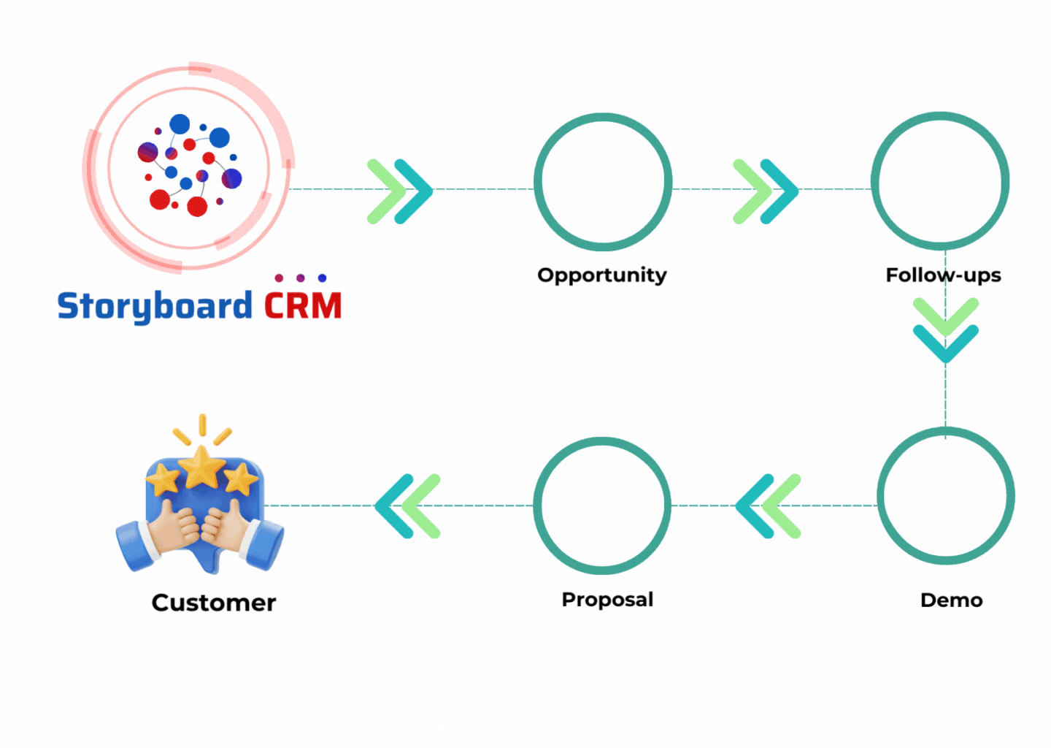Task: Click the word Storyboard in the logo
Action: (154, 306)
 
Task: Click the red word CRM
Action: (303, 306)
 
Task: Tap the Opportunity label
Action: (602, 275)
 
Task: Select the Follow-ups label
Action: (943, 275)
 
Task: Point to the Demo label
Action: (951, 600)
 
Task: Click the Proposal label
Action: (607, 600)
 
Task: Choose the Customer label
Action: (214, 603)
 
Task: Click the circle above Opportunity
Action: (603, 182)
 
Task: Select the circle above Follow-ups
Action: (940, 181)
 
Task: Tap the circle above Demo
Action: (946, 497)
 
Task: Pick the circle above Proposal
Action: (602, 505)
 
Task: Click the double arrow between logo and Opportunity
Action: (400, 191)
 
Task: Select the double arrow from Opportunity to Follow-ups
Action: (766, 191)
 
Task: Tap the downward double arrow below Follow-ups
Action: (946, 330)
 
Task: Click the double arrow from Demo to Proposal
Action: (769, 506)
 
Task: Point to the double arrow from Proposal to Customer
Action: (408, 506)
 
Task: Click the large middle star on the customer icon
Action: (202, 467)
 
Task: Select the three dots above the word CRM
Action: (301, 278)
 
